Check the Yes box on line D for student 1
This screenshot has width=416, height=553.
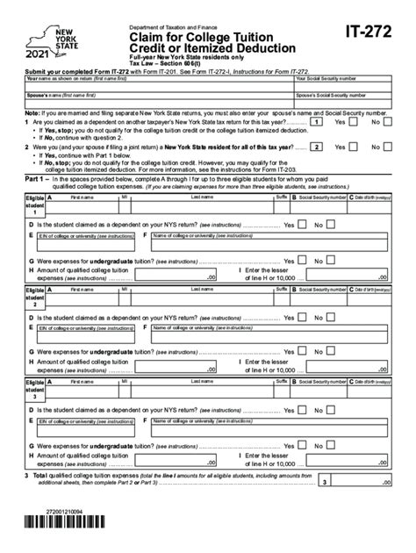(303, 224)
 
